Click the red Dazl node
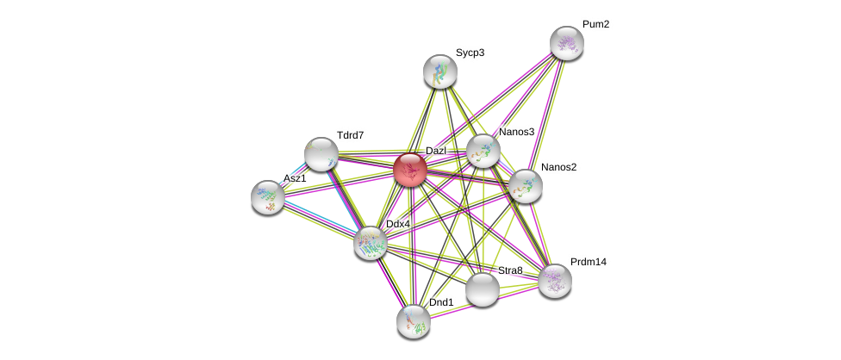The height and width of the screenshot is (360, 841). pyautogui.click(x=410, y=170)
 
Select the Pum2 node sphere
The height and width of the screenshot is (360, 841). pyautogui.click(x=567, y=43)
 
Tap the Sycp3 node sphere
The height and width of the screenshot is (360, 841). pyautogui.click(x=440, y=71)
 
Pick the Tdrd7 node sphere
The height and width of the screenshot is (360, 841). pyautogui.click(x=321, y=154)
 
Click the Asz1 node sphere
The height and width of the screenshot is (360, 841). pyautogui.click(x=268, y=197)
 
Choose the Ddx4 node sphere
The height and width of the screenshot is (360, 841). pyautogui.click(x=371, y=243)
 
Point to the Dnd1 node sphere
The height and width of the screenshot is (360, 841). pyautogui.click(x=414, y=321)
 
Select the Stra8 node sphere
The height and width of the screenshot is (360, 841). pyautogui.click(x=483, y=289)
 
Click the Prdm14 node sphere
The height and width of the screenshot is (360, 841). pyautogui.click(x=555, y=280)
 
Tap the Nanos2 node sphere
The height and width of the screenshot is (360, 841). pyautogui.click(x=525, y=185)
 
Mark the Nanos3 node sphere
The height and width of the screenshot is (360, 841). pyautogui.click(x=483, y=151)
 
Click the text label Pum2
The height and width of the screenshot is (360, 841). pyautogui.click(x=595, y=24)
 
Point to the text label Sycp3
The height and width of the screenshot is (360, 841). pyautogui.click(x=470, y=53)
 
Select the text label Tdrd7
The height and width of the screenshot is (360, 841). pyautogui.click(x=350, y=135)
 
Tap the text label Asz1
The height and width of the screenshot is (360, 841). pyautogui.click(x=295, y=178)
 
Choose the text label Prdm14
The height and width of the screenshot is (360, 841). pyautogui.click(x=589, y=262)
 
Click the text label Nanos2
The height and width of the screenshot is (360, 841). pyautogui.click(x=558, y=167)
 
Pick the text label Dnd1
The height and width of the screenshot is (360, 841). pyautogui.click(x=441, y=302)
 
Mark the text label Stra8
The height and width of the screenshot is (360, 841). pyautogui.click(x=510, y=270)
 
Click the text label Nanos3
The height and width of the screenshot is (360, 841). pyautogui.click(x=516, y=132)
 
